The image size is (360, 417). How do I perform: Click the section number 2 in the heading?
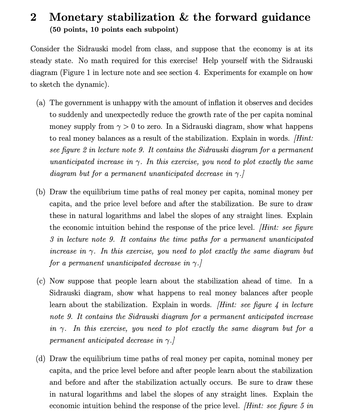(x=33, y=17)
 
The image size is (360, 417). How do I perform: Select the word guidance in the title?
(x=286, y=17)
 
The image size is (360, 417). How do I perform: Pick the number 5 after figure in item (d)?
(x=302, y=406)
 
